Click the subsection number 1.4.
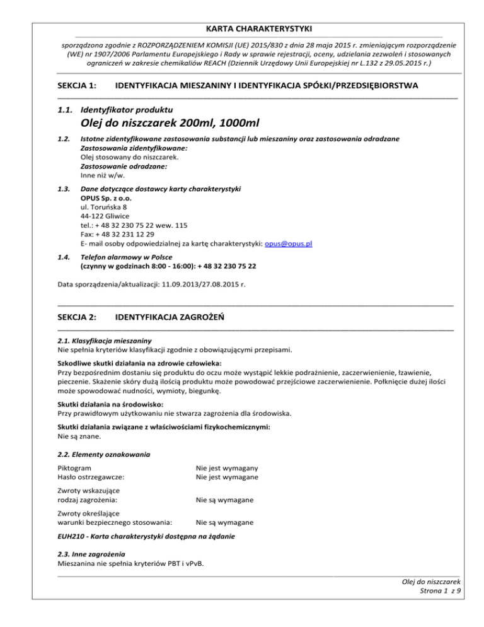(63, 257)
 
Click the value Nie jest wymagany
(228, 468)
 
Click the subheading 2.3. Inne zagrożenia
(91, 554)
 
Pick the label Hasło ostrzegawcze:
(91, 477)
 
